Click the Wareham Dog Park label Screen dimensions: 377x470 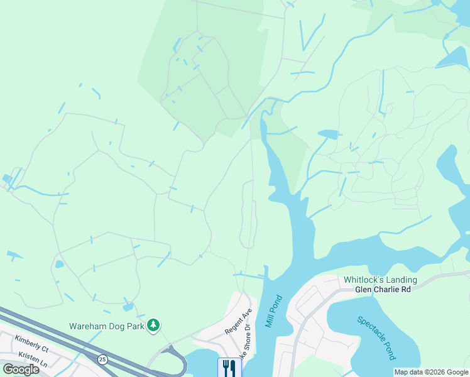pyautogui.click(x=106, y=326)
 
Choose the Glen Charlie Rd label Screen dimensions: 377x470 pyautogui.click(x=383, y=290)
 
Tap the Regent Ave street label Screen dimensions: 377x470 pyautogui.click(x=239, y=321)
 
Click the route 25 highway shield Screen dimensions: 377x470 pyautogui.click(x=102, y=359)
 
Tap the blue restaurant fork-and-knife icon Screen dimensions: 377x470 pyautogui.click(x=229, y=367)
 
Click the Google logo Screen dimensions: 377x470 pyautogui.click(x=21, y=369)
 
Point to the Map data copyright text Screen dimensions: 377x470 pyautogui.click(x=430, y=372)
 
